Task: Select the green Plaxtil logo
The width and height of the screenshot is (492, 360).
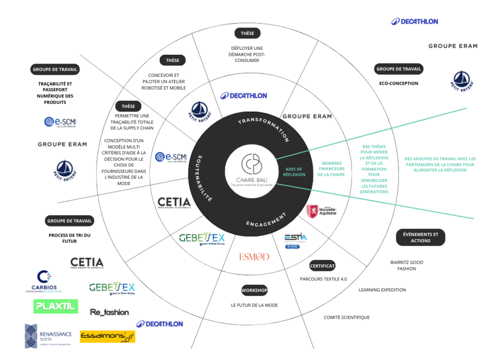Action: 56,306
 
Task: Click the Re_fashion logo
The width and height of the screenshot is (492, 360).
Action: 109,312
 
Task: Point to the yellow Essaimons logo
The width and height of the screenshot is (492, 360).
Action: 107,336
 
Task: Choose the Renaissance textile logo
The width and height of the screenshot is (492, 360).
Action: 48,336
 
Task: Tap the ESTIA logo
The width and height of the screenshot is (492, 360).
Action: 296,240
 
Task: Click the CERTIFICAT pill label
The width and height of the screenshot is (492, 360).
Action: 323,265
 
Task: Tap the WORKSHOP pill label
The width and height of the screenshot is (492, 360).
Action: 254,290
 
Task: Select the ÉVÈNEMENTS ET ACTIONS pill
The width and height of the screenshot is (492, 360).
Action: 421,237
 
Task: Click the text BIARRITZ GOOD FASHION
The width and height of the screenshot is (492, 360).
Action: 407,265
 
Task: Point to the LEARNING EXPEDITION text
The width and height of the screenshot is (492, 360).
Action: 382,290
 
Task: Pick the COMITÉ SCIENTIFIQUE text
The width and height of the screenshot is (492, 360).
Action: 347,317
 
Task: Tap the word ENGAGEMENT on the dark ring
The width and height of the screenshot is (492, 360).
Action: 267,220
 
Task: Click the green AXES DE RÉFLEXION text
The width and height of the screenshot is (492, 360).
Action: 294,172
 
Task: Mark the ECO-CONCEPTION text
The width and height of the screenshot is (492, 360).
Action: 399,84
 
